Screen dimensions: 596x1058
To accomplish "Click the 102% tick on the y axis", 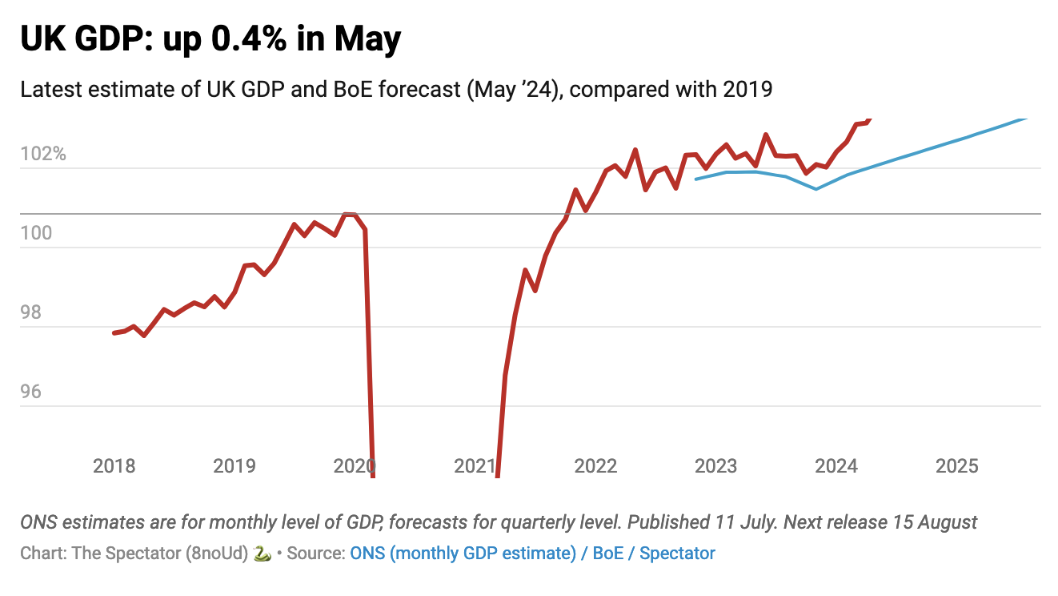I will pos(43,154).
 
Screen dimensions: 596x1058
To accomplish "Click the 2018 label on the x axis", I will pos(114,466).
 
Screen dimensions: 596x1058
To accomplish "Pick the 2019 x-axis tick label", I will pos(234,466).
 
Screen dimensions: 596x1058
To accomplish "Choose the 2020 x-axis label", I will pos(355,466).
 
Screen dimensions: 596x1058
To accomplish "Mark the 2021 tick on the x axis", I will pos(475,466).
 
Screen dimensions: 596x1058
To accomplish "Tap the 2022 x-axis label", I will pos(595,466).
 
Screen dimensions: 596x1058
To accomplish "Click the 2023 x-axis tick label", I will pos(715,466).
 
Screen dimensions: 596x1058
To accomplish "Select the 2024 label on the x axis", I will pos(836,466).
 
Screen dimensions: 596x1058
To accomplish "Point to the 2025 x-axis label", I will pos(956,466).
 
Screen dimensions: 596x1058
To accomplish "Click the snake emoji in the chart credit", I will pos(262,553).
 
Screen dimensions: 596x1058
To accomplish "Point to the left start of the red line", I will pos(114,332).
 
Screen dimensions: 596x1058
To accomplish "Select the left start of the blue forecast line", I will pos(695,179).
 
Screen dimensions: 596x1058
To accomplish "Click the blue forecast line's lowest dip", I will pos(816,189).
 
